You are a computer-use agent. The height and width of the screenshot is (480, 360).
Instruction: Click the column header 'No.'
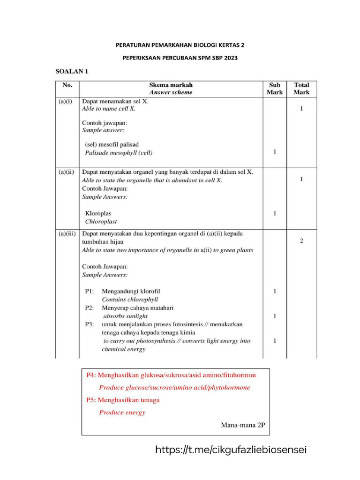(x=67, y=85)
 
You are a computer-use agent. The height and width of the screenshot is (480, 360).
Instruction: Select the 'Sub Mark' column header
(x=275, y=89)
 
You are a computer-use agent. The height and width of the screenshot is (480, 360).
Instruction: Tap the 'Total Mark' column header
(x=301, y=89)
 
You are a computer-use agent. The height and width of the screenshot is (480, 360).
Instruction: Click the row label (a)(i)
(x=65, y=101)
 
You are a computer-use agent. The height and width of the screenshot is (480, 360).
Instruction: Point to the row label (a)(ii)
(x=66, y=172)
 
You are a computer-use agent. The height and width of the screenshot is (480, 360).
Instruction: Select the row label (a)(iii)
(x=67, y=233)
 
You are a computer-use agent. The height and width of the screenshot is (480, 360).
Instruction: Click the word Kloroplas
(x=98, y=213)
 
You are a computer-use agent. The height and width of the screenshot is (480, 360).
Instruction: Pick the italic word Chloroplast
(x=101, y=221)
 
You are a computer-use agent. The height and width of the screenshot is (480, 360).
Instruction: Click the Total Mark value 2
(x=301, y=241)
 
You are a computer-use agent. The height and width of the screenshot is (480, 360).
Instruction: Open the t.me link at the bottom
(x=231, y=450)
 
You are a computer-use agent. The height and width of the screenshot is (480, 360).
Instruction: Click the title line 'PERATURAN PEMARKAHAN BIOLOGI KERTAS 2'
(x=180, y=45)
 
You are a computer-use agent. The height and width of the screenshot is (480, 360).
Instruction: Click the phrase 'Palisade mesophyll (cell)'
(x=119, y=153)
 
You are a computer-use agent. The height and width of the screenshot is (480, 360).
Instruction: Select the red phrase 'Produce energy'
(x=122, y=412)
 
